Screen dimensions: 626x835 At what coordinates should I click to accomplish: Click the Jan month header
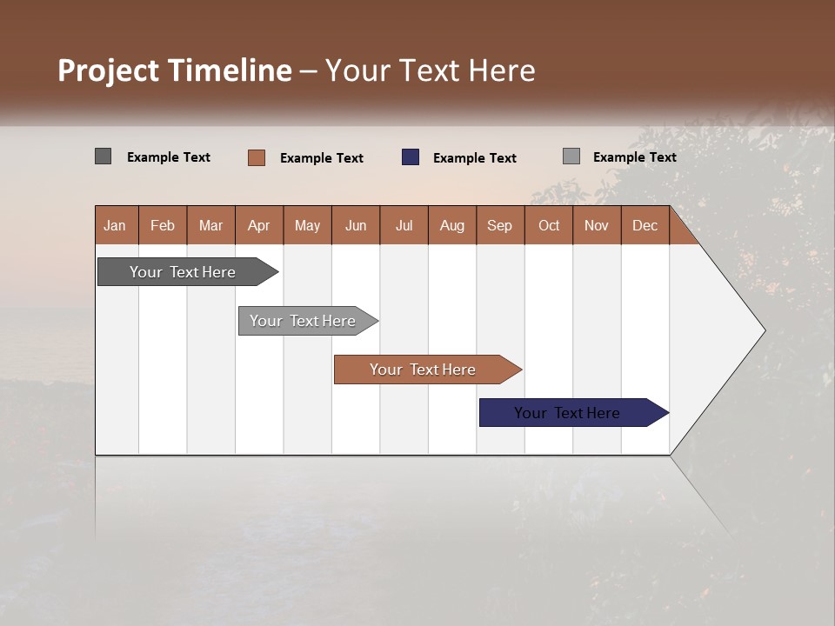pyautogui.click(x=115, y=226)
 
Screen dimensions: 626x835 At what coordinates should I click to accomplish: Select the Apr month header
pyautogui.click(x=258, y=226)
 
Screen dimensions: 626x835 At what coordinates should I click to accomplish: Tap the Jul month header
pyautogui.click(x=404, y=226)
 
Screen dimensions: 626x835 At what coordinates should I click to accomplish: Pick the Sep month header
pyautogui.click(x=499, y=226)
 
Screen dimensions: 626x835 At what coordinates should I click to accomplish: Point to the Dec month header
pyautogui.click(x=645, y=226)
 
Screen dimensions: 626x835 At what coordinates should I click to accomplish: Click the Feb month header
pyautogui.click(x=163, y=226)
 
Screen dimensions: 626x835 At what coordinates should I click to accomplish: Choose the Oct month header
pyautogui.click(x=549, y=226)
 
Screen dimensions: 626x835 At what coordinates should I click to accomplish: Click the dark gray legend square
pyautogui.click(x=103, y=156)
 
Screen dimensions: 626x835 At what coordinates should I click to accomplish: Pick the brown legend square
pyautogui.click(x=256, y=157)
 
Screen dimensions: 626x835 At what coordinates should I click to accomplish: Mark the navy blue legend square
pyautogui.click(x=411, y=157)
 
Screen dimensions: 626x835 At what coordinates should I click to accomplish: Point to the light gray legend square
pyautogui.click(x=571, y=156)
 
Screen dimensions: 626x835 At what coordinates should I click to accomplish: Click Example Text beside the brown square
pyautogui.click(x=321, y=158)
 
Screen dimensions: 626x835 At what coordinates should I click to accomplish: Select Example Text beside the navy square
pyautogui.click(x=474, y=158)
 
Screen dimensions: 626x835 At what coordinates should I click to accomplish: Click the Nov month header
pyautogui.click(x=596, y=226)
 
